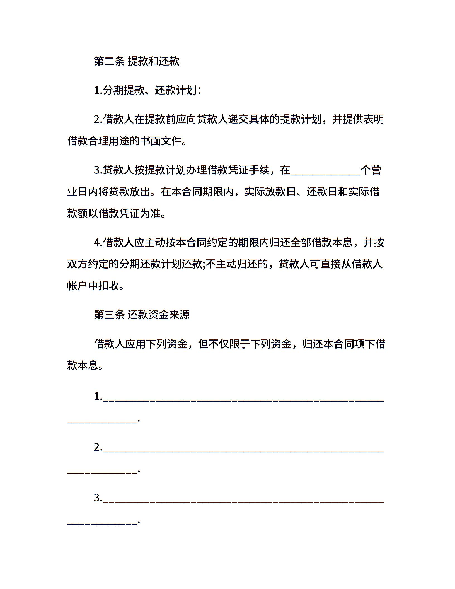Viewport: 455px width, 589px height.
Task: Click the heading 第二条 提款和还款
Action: (x=137, y=61)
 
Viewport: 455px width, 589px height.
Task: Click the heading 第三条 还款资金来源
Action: (x=142, y=315)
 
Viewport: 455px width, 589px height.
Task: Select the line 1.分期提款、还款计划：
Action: (x=147, y=90)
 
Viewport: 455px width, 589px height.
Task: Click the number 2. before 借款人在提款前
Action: (x=98, y=120)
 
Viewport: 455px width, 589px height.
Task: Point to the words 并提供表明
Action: (x=358, y=120)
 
